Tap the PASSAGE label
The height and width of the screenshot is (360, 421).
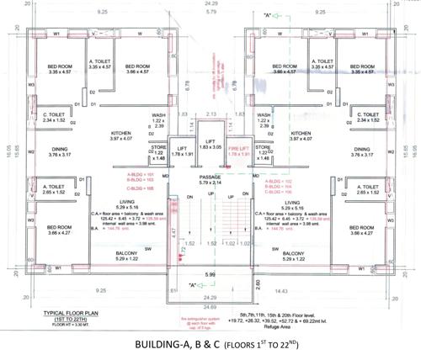210,177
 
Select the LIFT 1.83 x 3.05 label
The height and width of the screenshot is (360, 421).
210,145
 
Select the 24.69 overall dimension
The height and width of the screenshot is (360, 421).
209,297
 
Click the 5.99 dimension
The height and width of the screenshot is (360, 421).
211,275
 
